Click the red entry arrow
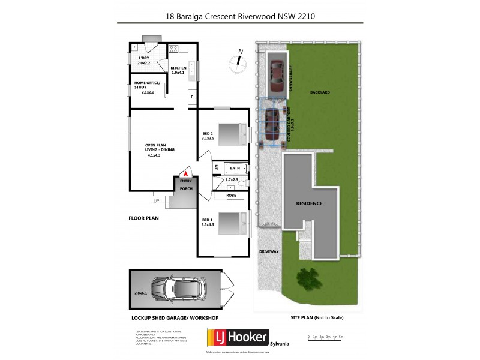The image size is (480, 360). tap(186, 172)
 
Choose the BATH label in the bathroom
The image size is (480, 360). tap(235, 169)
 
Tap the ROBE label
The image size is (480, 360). tap(231, 196)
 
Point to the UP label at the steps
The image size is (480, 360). tap(157, 201)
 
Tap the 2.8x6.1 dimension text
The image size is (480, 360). tap(140, 292)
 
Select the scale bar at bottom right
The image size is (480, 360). tap(325, 337)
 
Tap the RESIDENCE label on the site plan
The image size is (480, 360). tap(309, 203)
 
